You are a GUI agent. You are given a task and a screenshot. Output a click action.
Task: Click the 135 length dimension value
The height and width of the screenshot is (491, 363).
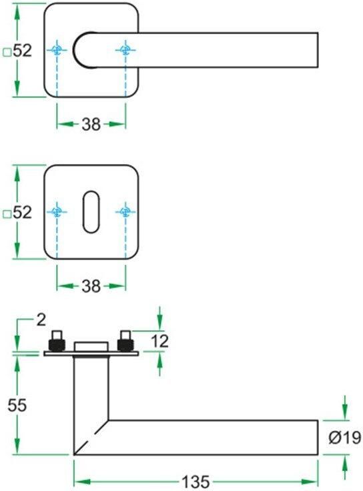(x=196, y=482)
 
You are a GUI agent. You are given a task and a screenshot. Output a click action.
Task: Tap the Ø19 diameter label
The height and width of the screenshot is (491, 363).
(x=345, y=438)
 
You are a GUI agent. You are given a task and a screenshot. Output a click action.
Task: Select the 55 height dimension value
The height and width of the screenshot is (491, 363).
(x=17, y=405)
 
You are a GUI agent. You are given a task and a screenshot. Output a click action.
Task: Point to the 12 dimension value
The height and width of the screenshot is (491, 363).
(x=159, y=341)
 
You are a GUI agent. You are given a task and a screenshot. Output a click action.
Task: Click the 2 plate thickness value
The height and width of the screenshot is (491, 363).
(x=41, y=320)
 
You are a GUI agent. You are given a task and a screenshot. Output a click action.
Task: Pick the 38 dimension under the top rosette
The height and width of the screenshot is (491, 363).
(x=91, y=124)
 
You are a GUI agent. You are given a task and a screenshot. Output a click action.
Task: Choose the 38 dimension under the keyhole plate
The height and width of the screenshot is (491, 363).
(x=91, y=286)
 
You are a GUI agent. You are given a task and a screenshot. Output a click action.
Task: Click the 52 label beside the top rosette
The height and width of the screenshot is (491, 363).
(x=23, y=51)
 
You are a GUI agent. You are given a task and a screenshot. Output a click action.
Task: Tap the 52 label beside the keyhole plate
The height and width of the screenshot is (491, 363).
(x=23, y=212)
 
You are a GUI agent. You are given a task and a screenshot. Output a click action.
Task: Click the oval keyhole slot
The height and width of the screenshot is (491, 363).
(x=91, y=211)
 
